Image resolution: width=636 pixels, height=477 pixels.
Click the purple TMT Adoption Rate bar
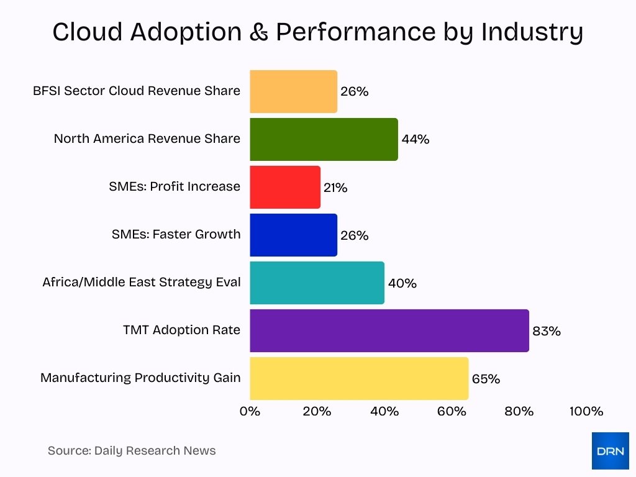389,330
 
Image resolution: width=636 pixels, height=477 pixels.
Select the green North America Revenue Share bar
324,139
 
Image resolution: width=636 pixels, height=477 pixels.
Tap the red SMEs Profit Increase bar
285,187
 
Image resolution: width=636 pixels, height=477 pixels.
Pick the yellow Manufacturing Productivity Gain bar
359,378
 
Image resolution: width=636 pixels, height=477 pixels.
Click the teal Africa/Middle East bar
317,283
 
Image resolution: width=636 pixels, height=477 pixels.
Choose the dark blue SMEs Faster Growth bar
293,235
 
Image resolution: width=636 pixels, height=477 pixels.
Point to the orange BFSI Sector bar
293,91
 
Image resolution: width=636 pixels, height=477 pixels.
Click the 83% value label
546,331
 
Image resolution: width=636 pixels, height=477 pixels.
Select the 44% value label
415,139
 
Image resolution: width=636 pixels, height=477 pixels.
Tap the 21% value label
335,188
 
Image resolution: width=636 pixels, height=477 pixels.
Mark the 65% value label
485,379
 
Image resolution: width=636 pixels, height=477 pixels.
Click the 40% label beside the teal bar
402,283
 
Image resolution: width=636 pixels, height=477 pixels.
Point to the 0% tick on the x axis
250,411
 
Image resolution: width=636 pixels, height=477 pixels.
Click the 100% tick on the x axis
586,411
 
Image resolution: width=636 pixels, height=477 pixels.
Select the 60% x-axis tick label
452,411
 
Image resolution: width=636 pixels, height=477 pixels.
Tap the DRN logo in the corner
610,451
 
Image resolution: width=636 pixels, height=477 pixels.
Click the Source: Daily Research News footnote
132,451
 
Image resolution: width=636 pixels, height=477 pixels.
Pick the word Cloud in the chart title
87,32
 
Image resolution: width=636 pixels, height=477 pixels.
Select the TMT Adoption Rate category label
181,330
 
